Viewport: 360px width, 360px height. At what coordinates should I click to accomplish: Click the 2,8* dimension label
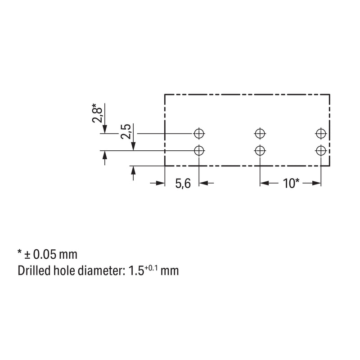97,113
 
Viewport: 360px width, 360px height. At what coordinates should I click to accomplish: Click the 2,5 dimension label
126,131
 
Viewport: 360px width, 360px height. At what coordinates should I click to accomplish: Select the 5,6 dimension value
183,184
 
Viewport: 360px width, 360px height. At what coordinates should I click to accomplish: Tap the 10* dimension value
291,184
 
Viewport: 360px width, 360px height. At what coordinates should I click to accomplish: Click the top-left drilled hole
199,133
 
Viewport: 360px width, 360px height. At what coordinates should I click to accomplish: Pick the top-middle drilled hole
260,133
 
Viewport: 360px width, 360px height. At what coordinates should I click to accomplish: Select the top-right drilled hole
321,133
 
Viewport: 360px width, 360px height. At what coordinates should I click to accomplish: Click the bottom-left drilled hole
199,151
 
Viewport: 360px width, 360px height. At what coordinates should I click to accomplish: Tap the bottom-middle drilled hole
260,151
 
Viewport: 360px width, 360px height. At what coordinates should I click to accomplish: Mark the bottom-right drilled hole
321,151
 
